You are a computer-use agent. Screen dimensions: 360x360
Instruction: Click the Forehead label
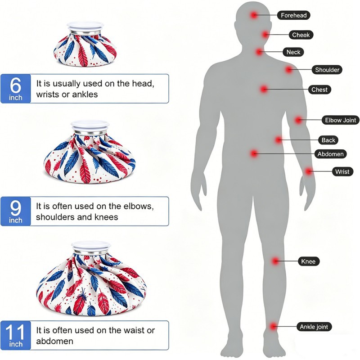pyautogui.click(x=294, y=15)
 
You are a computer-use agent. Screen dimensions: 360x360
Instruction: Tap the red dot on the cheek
pyautogui.click(x=265, y=35)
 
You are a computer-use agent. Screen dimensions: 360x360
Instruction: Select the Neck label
pyautogui.click(x=293, y=52)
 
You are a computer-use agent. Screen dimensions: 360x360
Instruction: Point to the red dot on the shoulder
pyautogui.click(x=289, y=70)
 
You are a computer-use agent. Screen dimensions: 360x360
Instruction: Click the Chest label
pyautogui.click(x=319, y=90)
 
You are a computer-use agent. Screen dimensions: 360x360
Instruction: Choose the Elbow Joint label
pyautogui.click(x=341, y=120)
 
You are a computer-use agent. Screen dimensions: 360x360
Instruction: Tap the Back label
pyautogui.click(x=328, y=140)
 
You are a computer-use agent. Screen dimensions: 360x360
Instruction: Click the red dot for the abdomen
pyautogui.click(x=254, y=153)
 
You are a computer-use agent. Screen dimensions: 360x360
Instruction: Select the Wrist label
pyautogui.click(x=342, y=171)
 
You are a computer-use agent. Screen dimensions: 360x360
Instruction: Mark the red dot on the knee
pyautogui.click(x=275, y=261)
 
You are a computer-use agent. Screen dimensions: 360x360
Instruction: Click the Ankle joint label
pyautogui.click(x=314, y=327)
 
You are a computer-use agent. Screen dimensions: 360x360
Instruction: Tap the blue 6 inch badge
pyautogui.click(x=16, y=89)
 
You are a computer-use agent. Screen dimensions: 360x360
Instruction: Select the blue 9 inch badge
pyautogui.click(x=16, y=211)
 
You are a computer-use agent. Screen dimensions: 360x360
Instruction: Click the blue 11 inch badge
pyautogui.click(x=16, y=335)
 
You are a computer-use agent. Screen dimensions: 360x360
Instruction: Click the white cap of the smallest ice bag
pyautogui.click(x=85, y=26)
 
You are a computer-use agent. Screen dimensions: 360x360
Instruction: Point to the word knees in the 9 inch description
pyautogui.click(x=106, y=217)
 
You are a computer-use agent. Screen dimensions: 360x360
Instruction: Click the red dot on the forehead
pyautogui.click(x=254, y=15)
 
